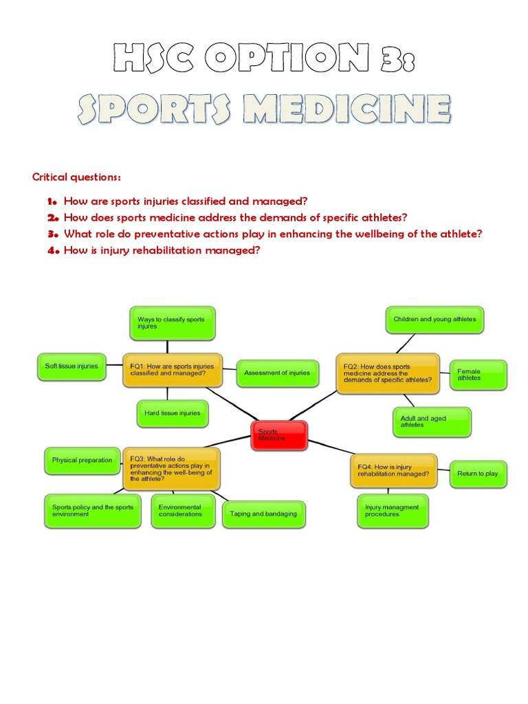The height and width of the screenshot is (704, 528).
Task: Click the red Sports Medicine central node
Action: pos(279,435)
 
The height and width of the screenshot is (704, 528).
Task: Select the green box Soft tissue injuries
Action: pos(72,366)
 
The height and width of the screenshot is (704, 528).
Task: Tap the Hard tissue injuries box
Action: pos(173,413)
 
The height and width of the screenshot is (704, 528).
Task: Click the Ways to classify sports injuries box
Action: pos(172,323)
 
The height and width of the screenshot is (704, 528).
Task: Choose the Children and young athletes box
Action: pos(434,320)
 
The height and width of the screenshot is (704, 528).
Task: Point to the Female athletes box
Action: pos(478,375)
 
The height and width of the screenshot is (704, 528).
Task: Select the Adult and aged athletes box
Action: pos(432,421)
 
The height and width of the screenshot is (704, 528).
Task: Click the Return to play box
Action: pos(478,473)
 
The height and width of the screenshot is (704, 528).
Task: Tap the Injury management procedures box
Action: pos(393,511)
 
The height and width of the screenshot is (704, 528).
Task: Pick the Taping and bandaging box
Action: pos(264,514)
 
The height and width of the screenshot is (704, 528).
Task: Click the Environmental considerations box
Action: pos(183,511)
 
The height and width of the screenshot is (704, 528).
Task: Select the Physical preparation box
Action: pos(82,461)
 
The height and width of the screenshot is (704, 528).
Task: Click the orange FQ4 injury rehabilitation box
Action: pos(393,471)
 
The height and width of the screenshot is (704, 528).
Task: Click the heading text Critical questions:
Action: pos(77,177)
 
